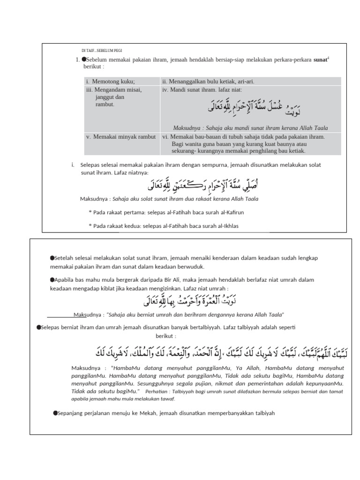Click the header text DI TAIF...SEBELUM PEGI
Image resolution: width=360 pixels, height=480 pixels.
pos(102,50)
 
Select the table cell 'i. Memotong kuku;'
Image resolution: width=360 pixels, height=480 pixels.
pos(110,81)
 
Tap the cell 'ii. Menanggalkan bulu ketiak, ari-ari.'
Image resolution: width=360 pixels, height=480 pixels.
pos(208,81)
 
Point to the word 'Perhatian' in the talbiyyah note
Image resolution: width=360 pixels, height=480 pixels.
pos(157,391)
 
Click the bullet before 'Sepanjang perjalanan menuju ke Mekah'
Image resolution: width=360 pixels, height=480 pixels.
pos(55,412)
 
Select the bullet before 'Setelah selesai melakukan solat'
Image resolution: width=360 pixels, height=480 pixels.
pos(52,258)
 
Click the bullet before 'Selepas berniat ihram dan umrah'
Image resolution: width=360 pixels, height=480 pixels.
pos(39,326)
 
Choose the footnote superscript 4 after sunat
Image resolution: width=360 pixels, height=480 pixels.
pos(328,58)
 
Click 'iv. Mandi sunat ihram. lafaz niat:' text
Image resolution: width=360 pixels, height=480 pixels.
pos(202,89)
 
